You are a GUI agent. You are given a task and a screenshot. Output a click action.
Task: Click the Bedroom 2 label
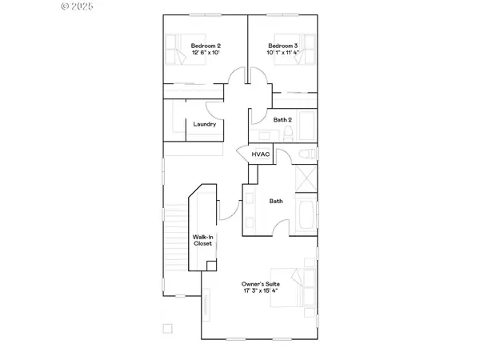coord(206,46)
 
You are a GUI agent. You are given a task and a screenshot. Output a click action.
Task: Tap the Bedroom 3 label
coord(282,46)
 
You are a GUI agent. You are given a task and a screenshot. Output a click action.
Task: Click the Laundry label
coord(205,124)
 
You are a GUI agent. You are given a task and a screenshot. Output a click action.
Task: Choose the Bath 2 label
coord(282,120)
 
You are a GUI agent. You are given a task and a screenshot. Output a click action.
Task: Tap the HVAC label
coord(260,154)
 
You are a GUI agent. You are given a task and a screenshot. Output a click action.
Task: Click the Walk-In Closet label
coord(202,240)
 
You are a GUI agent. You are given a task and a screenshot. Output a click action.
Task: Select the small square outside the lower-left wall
coord(167,328)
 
